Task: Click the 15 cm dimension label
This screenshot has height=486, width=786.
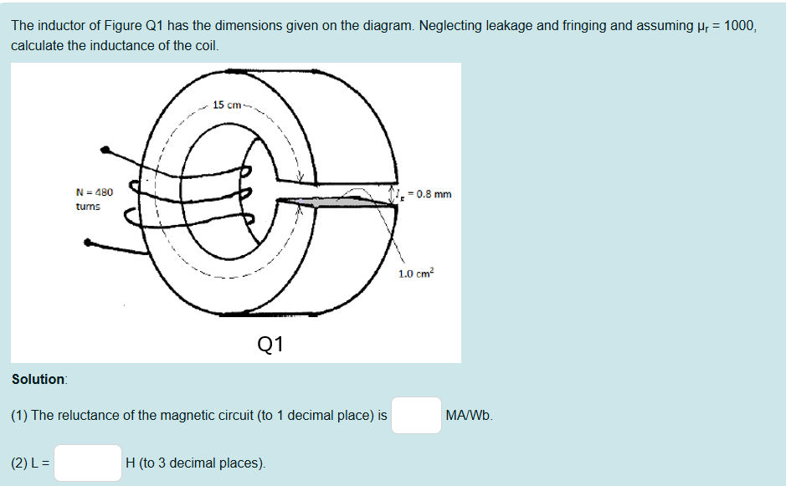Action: [x=226, y=105]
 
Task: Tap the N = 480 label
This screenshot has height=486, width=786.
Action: [x=94, y=192]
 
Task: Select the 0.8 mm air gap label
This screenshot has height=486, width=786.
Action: [x=428, y=194]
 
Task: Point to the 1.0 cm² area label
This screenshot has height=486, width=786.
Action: [x=416, y=274]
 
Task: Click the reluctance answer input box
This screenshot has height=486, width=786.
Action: [x=416, y=415]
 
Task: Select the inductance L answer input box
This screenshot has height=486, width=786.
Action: [x=88, y=463]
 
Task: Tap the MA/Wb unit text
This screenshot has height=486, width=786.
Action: [x=469, y=415]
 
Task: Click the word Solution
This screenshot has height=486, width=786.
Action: [x=39, y=379]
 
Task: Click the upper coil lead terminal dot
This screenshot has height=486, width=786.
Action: [x=105, y=151]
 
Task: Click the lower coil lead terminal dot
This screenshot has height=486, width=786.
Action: [x=89, y=243]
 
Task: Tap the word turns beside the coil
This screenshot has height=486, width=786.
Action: [x=88, y=206]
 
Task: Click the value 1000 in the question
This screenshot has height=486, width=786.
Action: [x=739, y=25]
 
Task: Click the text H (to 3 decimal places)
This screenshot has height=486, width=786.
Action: [x=195, y=463]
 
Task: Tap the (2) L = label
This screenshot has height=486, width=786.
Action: [x=30, y=463]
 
